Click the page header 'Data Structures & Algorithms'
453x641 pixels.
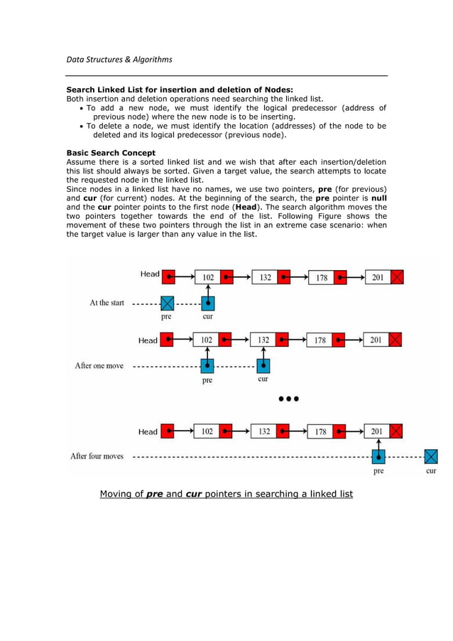(x=119, y=59)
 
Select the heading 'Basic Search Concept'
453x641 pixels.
(x=110, y=153)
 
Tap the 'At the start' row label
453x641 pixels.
(x=107, y=303)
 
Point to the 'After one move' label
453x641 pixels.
(x=99, y=365)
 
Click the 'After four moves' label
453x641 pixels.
(x=97, y=456)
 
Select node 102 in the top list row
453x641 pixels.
(x=208, y=276)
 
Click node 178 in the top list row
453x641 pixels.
(x=322, y=276)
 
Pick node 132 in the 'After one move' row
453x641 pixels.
(x=263, y=340)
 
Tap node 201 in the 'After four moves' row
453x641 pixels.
(x=377, y=431)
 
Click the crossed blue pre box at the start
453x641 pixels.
(x=167, y=303)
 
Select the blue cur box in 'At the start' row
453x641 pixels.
(x=208, y=303)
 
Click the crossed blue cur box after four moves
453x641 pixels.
(x=430, y=456)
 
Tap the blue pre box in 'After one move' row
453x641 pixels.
(x=207, y=366)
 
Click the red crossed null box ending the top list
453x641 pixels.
(x=397, y=276)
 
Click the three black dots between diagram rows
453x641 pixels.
(x=288, y=399)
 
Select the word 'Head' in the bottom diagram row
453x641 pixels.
(x=148, y=431)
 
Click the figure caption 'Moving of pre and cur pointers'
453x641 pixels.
(x=226, y=493)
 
